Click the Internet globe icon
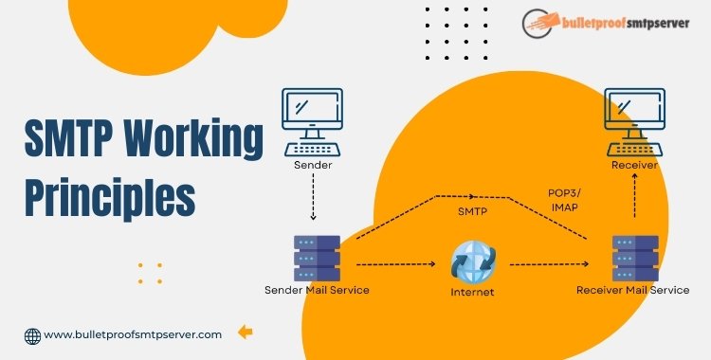(472, 261)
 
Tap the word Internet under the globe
(472, 292)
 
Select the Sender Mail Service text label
(315, 288)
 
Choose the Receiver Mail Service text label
(632, 288)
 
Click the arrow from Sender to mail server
(313, 201)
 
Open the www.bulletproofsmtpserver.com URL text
(134, 333)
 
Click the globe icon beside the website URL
(32, 334)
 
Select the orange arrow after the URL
(245, 332)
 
